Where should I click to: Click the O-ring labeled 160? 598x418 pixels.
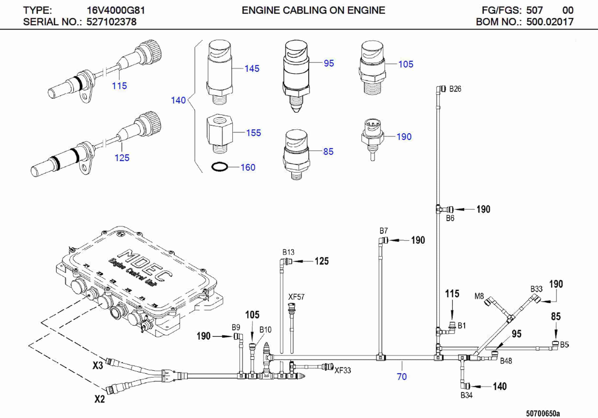(219, 167)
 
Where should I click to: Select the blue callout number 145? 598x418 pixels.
(252, 68)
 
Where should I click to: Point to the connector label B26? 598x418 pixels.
(455, 89)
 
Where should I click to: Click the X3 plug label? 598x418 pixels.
(98, 365)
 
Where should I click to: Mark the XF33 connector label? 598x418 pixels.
(342, 370)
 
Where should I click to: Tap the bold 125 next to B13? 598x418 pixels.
(322, 261)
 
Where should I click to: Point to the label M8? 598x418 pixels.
(479, 296)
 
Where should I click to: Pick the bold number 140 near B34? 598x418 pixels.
(499, 386)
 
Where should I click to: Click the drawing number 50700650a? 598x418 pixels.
(543, 413)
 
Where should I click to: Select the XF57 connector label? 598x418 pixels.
(296, 297)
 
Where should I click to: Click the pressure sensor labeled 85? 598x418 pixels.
(296, 154)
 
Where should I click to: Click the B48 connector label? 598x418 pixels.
(506, 361)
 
